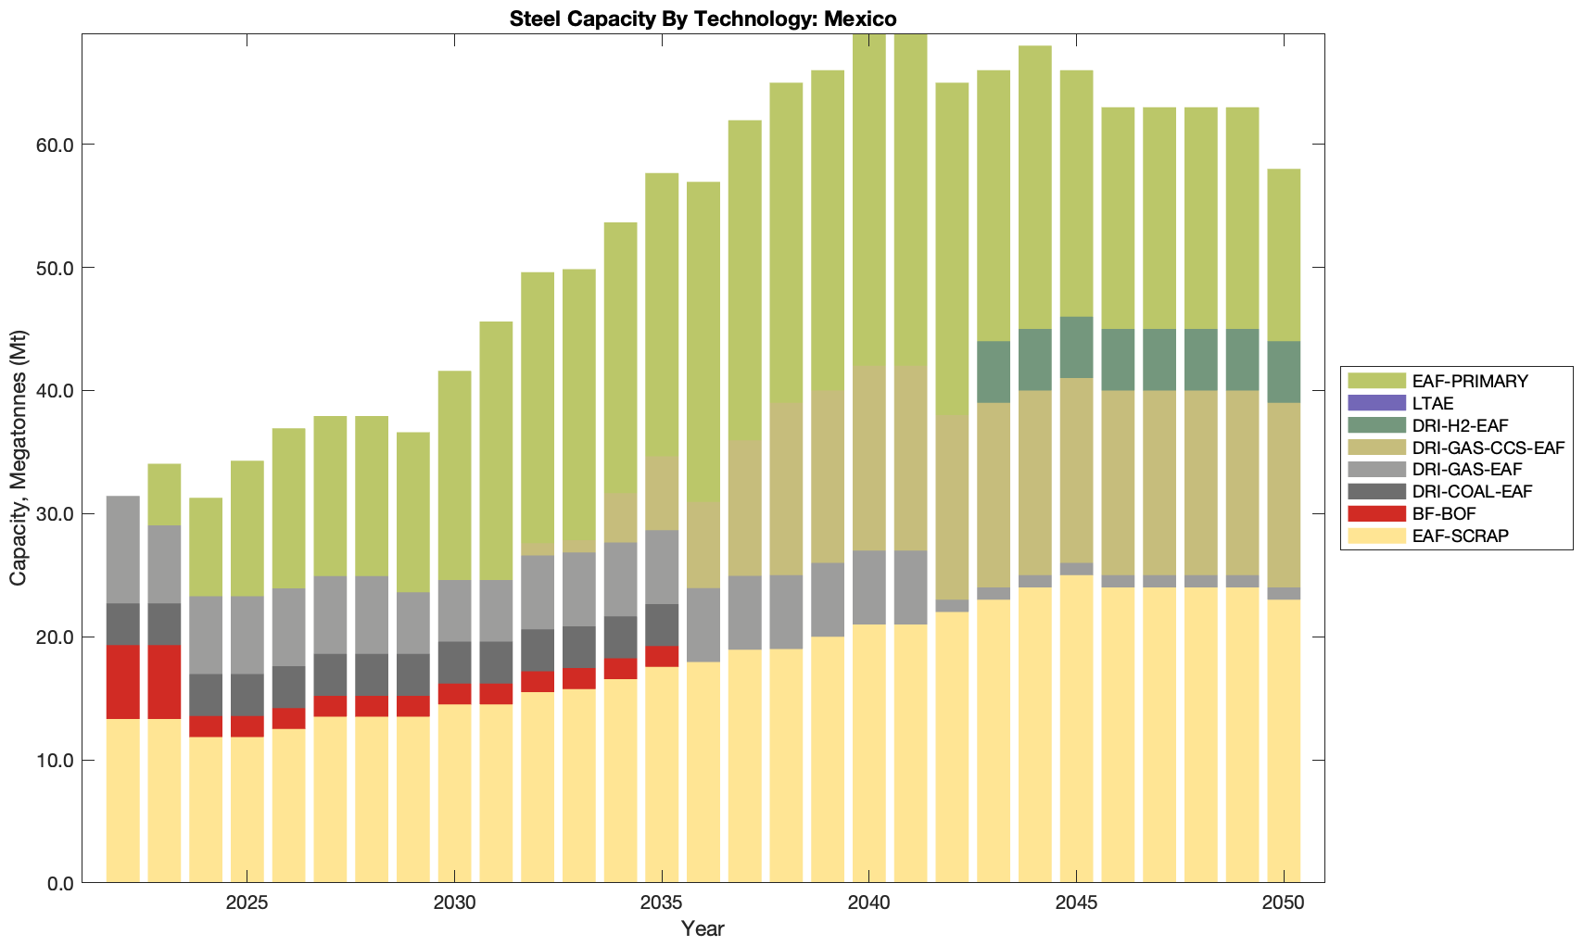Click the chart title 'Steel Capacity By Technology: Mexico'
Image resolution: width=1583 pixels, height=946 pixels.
coord(703,19)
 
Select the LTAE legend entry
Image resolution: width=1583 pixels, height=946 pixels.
coord(1432,403)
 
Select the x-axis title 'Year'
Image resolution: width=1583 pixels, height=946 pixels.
coord(703,928)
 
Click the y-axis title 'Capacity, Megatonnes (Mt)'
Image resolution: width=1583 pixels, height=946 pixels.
coord(18,458)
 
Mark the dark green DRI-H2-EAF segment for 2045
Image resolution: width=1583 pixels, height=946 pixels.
coord(1076,347)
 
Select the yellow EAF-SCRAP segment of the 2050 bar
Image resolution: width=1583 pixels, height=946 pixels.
coord(1284,741)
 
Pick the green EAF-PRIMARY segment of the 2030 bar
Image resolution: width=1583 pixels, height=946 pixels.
coord(455,475)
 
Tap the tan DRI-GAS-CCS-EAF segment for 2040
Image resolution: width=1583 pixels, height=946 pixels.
coord(869,459)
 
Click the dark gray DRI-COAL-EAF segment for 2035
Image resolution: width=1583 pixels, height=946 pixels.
coord(662,625)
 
